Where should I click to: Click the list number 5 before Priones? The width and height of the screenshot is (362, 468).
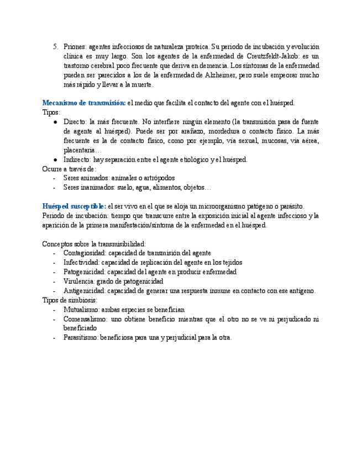pos(55,47)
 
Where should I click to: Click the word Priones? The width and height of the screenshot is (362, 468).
pos(74,47)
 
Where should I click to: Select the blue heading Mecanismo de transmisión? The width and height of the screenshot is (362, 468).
pos(84,103)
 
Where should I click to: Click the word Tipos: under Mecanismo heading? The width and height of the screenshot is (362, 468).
pos(51,113)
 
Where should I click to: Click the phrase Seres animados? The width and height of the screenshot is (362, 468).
pos(86,178)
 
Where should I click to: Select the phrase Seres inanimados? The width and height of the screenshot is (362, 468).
pos(88,188)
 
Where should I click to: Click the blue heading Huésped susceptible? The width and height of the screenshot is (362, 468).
pos(75,206)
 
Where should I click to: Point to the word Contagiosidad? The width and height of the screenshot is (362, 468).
pos(85,253)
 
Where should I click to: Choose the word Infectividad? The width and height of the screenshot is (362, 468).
pos(82,263)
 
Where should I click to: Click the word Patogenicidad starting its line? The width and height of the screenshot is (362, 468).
pos(84,272)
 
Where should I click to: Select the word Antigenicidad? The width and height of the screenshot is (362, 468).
pos(84,291)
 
